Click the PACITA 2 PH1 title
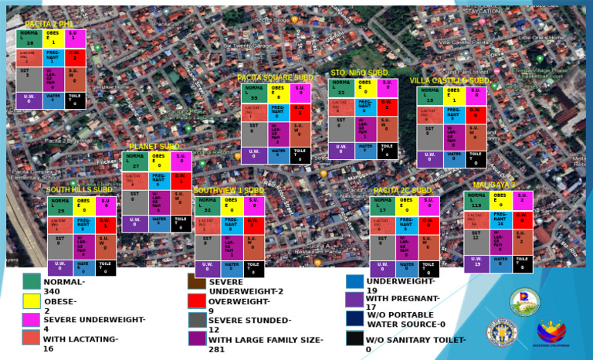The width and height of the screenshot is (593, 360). point(48,25)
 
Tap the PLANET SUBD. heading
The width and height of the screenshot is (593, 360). point(154,146)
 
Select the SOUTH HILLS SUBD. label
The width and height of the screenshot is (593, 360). point(80,190)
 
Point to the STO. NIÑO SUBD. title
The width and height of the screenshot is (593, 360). point(359,73)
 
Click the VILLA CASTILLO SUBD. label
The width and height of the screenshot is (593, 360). point(450,80)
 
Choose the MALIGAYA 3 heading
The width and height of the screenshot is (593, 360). point(494,185)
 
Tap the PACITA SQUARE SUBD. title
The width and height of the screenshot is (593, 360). point(276,78)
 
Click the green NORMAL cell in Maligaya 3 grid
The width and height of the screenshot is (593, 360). point(476,201)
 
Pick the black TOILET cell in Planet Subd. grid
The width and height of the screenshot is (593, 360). point(181,223)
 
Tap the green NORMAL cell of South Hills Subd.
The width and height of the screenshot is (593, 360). point(60,206)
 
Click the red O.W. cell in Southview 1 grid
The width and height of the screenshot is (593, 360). point(254,225)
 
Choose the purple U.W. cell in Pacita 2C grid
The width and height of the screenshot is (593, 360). point(382,268)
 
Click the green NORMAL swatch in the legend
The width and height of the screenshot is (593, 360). point(31,281)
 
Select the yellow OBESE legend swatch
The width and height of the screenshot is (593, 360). point(31,301)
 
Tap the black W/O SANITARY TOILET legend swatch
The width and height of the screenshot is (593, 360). point(354,338)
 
